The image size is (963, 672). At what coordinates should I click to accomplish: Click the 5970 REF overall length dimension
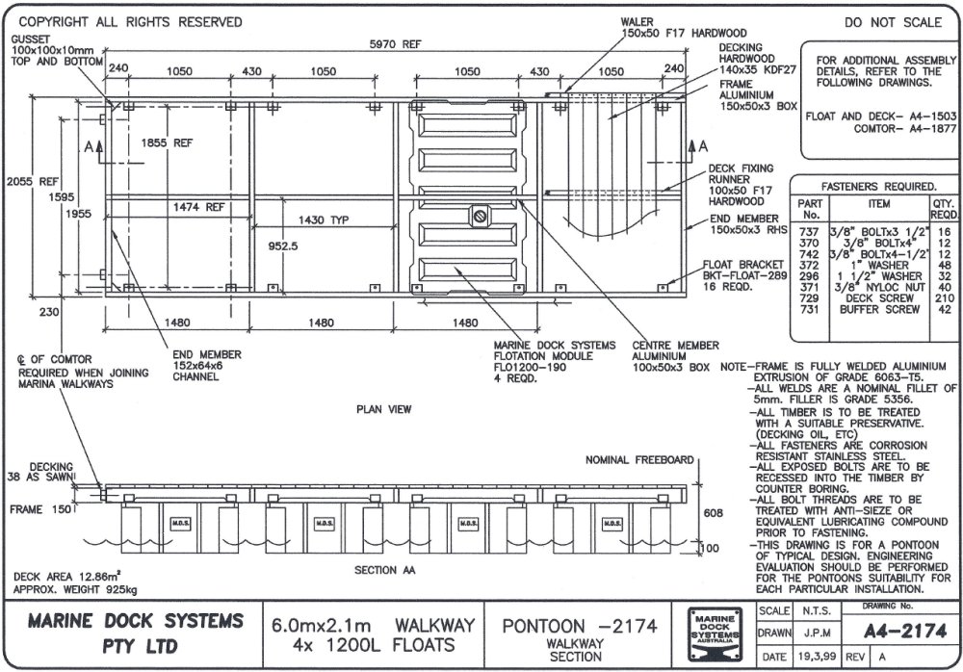point(397,42)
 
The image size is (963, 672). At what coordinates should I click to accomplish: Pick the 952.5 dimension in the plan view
point(284,246)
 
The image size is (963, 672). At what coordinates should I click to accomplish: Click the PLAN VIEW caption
point(384,409)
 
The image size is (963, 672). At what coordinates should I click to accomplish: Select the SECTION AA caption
point(384,570)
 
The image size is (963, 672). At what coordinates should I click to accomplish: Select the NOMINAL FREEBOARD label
point(638,460)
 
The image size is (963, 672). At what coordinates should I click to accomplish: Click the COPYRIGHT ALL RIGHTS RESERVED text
point(131,21)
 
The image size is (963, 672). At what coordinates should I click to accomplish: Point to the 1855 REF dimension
point(166,142)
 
